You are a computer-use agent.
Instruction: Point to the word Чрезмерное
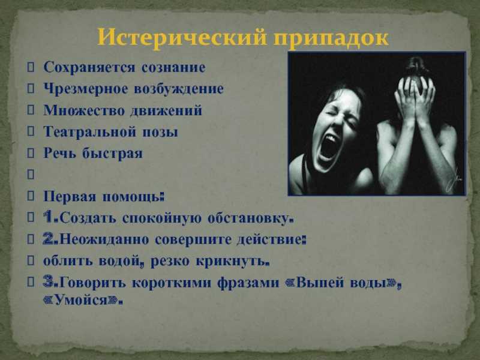click(86, 89)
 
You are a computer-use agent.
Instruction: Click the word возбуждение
click(179, 89)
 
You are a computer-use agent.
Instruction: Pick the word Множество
click(83, 110)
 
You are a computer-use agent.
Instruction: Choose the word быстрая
click(112, 153)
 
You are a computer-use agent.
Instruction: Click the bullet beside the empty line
click(31, 175)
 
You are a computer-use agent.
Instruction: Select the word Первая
click(70, 196)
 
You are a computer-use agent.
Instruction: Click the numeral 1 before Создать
click(49, 217)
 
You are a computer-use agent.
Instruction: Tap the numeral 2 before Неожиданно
click(49, 239)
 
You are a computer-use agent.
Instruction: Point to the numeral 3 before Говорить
click(49, 281)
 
